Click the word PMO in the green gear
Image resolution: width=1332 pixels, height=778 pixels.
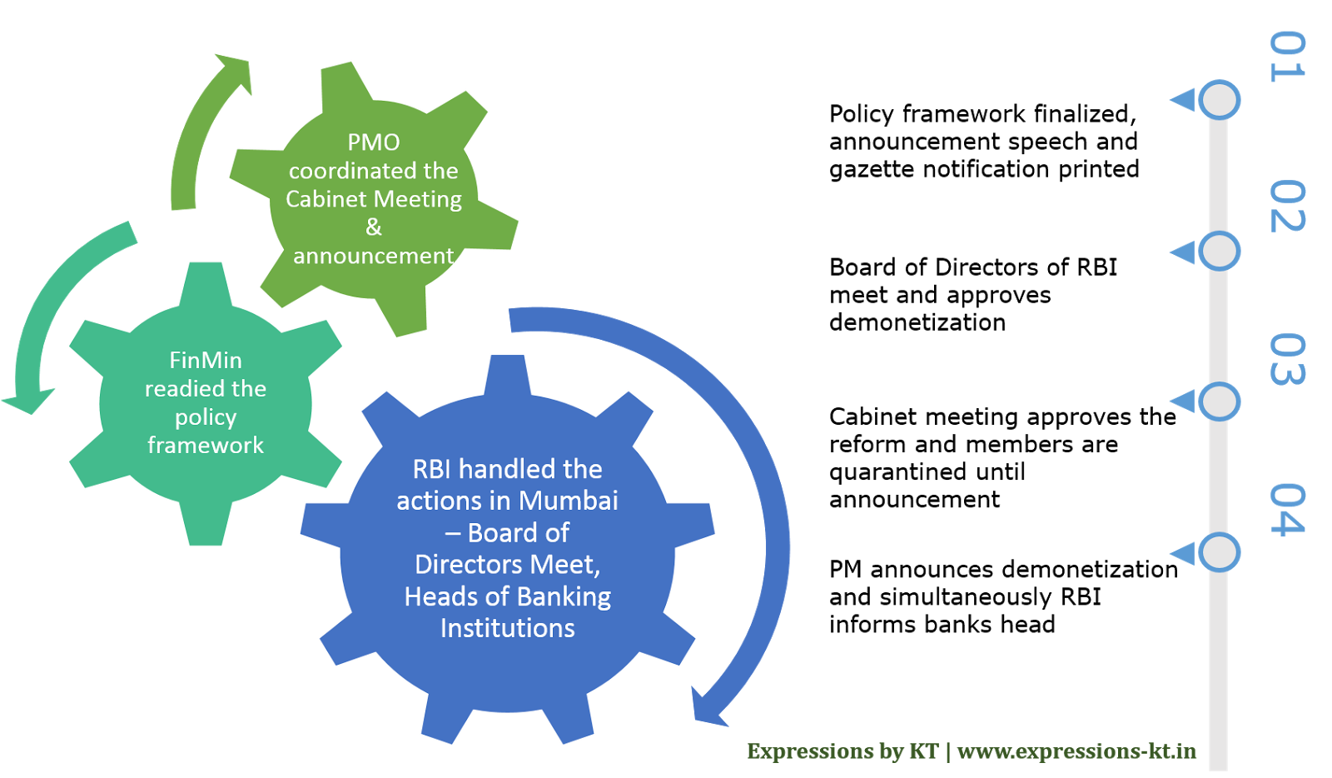[x=374, y=142]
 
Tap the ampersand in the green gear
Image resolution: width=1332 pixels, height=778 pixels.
[x=374, y=227]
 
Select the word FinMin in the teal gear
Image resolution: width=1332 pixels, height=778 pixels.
[x=206, y=360]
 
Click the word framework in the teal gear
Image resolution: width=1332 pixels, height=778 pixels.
[x=206, y=446]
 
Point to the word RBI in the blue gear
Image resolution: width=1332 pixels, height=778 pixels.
[x=432, y=469]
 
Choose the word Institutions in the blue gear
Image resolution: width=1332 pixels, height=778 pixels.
[x=508, y=628]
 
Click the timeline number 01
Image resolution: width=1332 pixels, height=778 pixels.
[x=1287, y=57]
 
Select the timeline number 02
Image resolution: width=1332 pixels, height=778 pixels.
[x=1287, y=206]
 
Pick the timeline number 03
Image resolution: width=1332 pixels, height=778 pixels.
[x=1287, y=360]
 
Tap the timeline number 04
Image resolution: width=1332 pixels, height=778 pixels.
[x=1287, y=509]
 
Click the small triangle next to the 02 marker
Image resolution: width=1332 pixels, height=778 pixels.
[x=1183, y=252]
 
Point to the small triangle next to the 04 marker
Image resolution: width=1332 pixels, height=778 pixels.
[x=1183, y=553]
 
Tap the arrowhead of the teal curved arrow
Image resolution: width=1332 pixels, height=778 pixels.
[x=28, y=401]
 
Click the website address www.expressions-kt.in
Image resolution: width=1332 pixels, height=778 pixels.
[x=1076, y=751]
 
